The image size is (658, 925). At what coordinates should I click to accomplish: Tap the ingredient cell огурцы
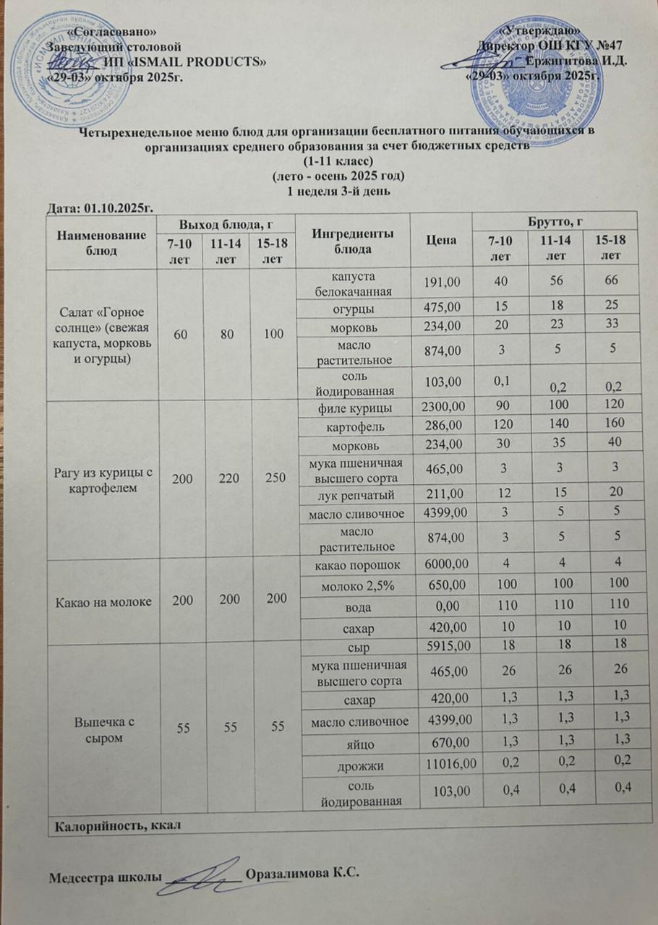(x=352, y=309)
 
